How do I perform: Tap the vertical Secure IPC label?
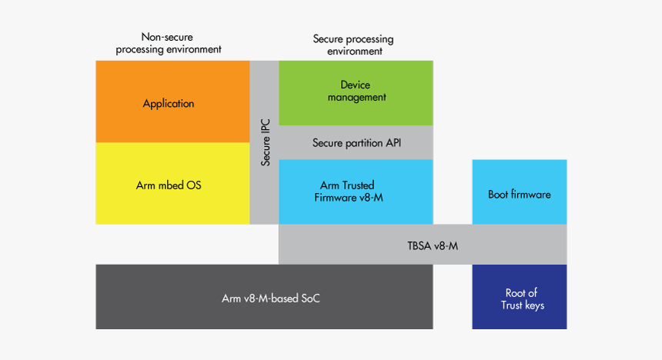266,142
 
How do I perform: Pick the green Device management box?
356,92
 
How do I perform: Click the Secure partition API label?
356,143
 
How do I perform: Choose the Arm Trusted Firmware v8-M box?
356,192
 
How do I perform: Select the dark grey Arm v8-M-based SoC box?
264,297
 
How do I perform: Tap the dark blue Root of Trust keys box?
520,298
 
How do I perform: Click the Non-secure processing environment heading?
169,43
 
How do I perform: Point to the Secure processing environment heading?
353,45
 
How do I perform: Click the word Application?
169,104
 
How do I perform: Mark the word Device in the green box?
356,85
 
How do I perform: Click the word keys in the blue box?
533,305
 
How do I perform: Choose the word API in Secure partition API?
391,143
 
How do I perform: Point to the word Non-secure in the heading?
169,37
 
